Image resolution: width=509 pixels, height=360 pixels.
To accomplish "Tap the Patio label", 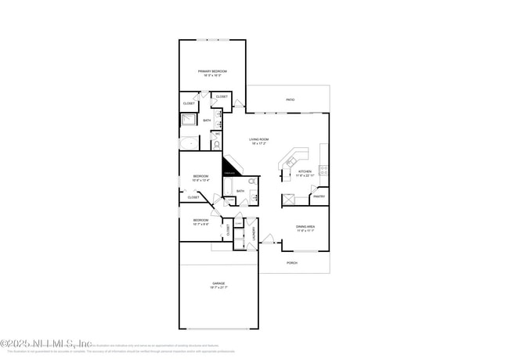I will tap(290, 100).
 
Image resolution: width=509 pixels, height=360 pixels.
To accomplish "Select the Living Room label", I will tap(259, 141).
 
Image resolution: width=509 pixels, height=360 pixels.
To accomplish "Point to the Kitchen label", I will tap(305, 171).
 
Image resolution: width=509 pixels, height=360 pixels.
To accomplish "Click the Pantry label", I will tap(319, 196).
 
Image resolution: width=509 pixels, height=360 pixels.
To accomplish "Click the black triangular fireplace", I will tap(229, 168).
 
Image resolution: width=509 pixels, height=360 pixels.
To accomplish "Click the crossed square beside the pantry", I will tap(288, 199).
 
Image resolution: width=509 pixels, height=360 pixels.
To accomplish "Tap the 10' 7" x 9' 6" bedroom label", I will tap(200, 221).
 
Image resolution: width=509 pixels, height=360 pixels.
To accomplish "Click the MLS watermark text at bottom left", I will tap(47, 344).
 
